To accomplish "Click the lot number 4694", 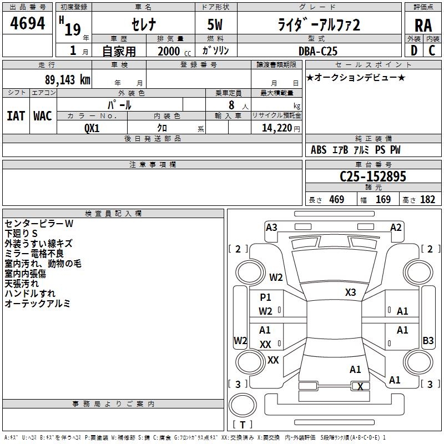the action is [x=27, y=23].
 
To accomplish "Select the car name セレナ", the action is [x=144, y=24].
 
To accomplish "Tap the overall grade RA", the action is [x=423, y=26].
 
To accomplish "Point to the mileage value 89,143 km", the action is [x=67, y=80].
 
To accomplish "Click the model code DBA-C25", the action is [x=318, y=51].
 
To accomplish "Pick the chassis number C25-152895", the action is [x=373, y=176].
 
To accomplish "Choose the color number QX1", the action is [x=92, y=128].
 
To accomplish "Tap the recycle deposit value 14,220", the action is [x=277, y=128].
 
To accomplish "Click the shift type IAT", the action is [x=16, y=116].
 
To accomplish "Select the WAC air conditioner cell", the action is [x=43, y=116].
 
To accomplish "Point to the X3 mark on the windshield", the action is [x=350, y=292].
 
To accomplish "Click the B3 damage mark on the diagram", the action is [x=428, y=340].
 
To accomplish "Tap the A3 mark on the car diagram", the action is [x=271, y=228].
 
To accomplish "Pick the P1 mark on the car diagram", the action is [x=265, y=297].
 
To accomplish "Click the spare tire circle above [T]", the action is [x=243, y=405].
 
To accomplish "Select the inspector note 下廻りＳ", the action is [x=21, y=234].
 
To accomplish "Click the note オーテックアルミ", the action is [x=37, y=304].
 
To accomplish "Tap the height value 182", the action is [x=427, y=199].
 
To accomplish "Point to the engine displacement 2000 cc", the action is [x=174, y=52].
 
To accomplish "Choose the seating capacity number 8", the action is [x=231, y=105].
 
